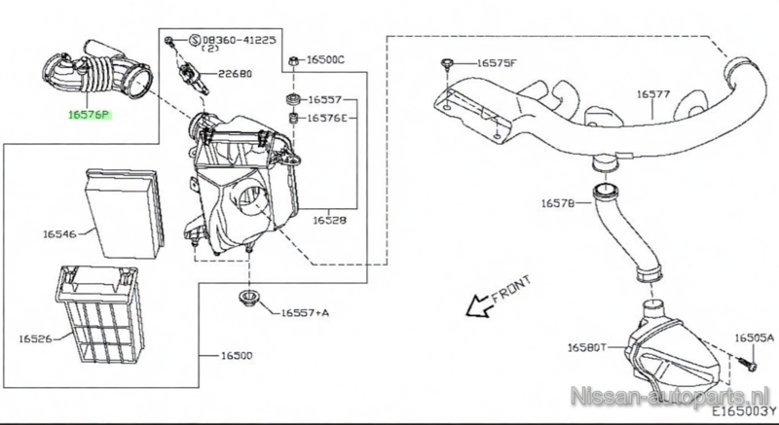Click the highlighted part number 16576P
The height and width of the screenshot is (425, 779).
pos(89,114)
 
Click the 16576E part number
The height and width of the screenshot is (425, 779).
pos(333,118)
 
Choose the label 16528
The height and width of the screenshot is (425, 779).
pos(330,222)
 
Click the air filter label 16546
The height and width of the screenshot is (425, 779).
pos(58,234)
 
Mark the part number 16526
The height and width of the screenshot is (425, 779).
pos(35,339)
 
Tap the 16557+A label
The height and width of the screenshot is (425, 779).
pos(305,313)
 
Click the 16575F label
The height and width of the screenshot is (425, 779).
pos(497,63)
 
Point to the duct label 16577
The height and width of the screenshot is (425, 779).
pos(653,94)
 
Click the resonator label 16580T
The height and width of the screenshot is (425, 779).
pos(587,345)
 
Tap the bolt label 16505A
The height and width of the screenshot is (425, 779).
pos(754,338)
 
